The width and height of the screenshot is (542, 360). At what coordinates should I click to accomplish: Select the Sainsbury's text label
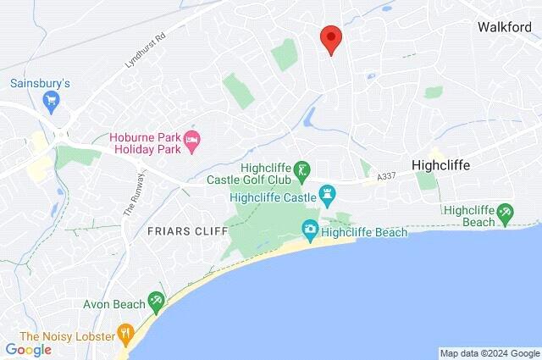click(x=40, y=84)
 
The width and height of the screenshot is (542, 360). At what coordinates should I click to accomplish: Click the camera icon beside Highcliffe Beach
click(x=310, y=229)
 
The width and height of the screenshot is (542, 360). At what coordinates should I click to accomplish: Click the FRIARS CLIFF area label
click(x=188, y=231)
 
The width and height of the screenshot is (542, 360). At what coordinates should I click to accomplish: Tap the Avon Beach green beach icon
click(x=156, y=299)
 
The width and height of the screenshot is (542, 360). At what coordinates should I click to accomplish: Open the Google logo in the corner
click(x=28, y=350)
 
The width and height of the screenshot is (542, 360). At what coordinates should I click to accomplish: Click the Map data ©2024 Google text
click(x=489, y=353)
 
